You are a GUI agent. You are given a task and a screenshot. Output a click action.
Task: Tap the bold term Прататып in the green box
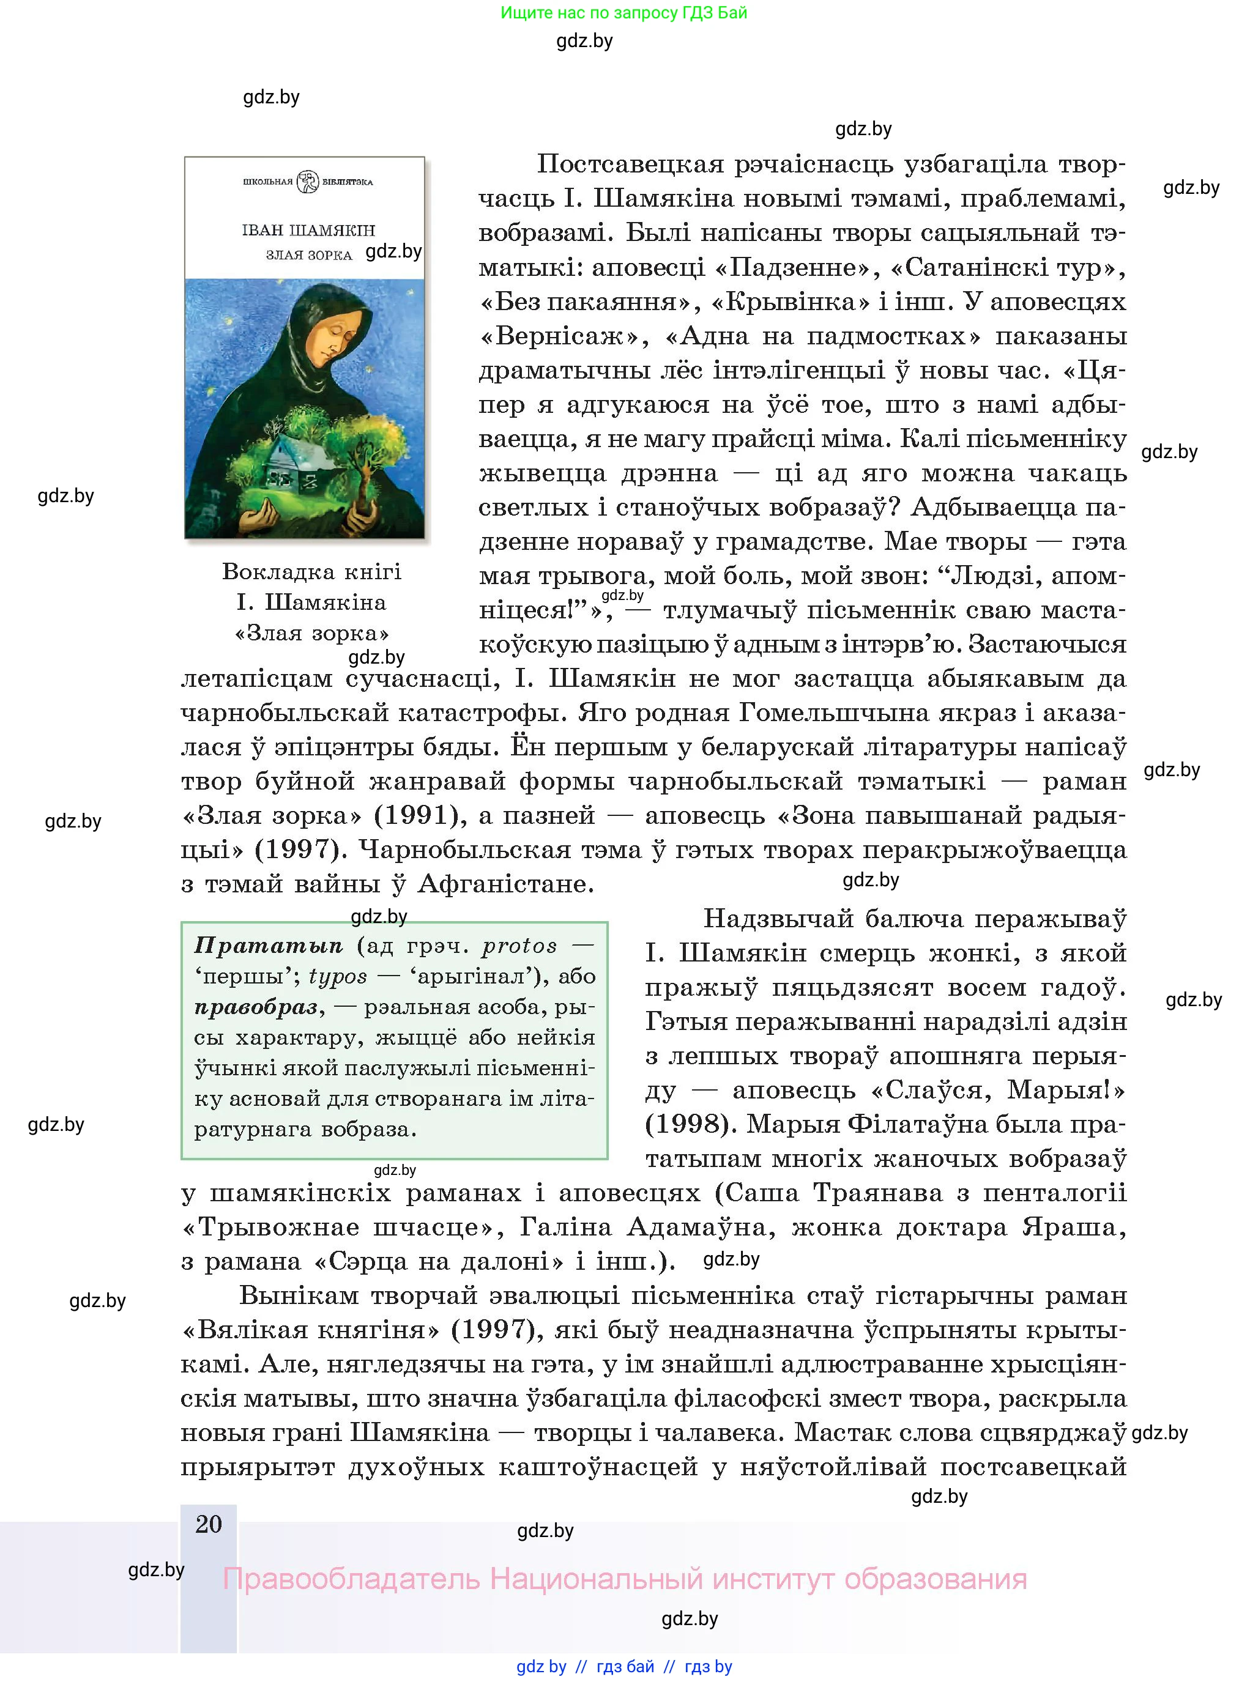click(269, 946)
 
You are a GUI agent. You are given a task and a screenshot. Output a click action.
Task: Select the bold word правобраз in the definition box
click(256, 1007)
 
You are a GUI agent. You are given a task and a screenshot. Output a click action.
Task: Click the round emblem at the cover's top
click(308, 182)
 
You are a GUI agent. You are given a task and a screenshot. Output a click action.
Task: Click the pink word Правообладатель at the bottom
click(351, 1579)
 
